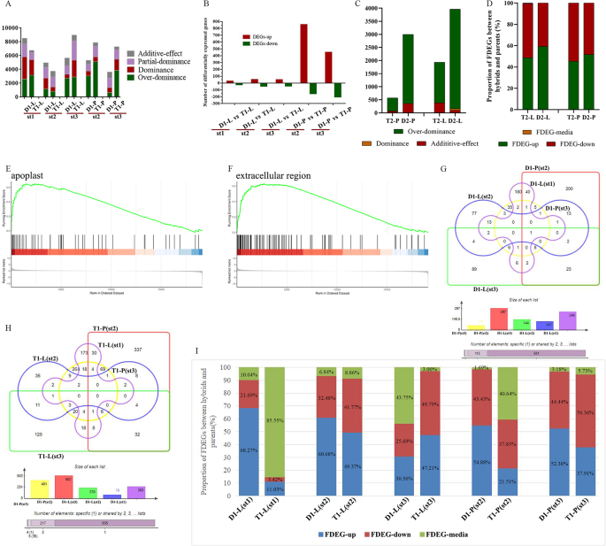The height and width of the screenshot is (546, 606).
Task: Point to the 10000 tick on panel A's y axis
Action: tap(11, 29)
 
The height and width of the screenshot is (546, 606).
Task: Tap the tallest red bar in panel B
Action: tap(303, 53)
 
